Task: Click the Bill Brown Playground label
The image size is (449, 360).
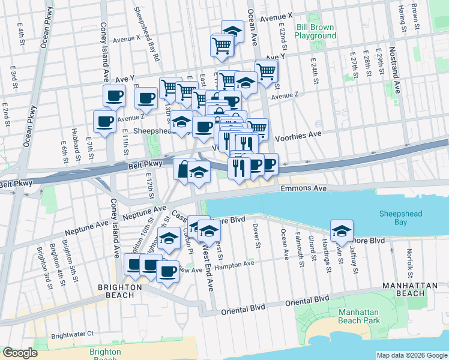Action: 315,31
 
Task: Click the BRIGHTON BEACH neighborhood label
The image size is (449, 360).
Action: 120,292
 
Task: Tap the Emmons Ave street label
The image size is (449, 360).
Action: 303,188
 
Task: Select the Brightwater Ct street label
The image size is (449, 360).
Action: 73,334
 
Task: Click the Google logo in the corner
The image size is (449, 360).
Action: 20,353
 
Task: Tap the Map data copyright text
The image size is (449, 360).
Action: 411,355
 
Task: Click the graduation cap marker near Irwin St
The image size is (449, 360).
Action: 341,229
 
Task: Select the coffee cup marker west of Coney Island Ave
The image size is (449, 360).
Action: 104,121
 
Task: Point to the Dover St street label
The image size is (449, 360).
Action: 256,236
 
